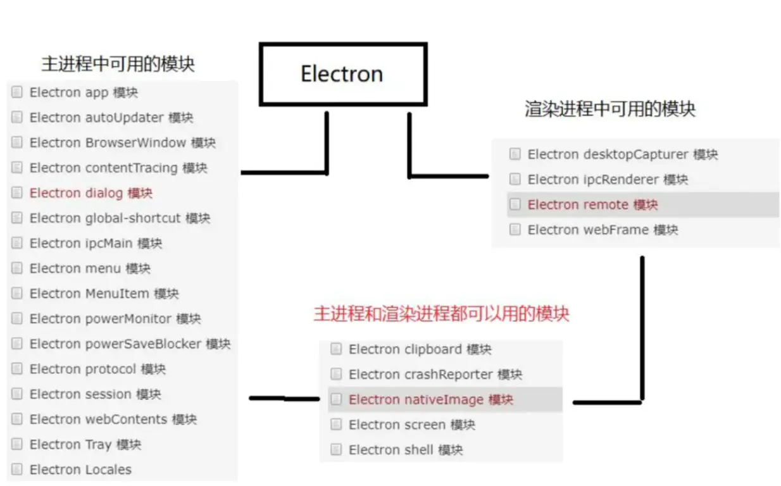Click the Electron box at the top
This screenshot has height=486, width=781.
coord(342,74)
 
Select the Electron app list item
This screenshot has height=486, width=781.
coord(84,92)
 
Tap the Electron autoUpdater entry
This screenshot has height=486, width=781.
coord(111,118)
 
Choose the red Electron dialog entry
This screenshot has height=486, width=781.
coord(91,193)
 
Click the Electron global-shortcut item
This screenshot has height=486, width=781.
coord(120,218)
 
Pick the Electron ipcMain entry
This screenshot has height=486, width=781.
coord(96,243)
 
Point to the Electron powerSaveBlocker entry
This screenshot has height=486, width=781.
coord(130,344)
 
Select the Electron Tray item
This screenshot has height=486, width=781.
coord(85,444)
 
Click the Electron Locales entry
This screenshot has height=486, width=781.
coord(80,470)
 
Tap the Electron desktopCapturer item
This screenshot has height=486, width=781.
coord(623,154)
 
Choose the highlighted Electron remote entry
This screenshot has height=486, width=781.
coord(593,204)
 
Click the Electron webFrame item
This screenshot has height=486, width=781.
coord(603,230)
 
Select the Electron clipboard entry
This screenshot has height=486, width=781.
coord(420,349)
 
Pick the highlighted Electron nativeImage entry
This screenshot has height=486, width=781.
coord(431,399)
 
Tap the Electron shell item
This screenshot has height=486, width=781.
coord(406,450)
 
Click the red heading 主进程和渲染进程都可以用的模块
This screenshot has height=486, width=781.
coord(441,314)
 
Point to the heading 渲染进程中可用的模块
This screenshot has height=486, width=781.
coord(609,109)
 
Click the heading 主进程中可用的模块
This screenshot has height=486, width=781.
coord(118,64)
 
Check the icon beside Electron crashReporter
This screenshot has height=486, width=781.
coord(336,375)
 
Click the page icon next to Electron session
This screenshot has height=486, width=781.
coord(17,394)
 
